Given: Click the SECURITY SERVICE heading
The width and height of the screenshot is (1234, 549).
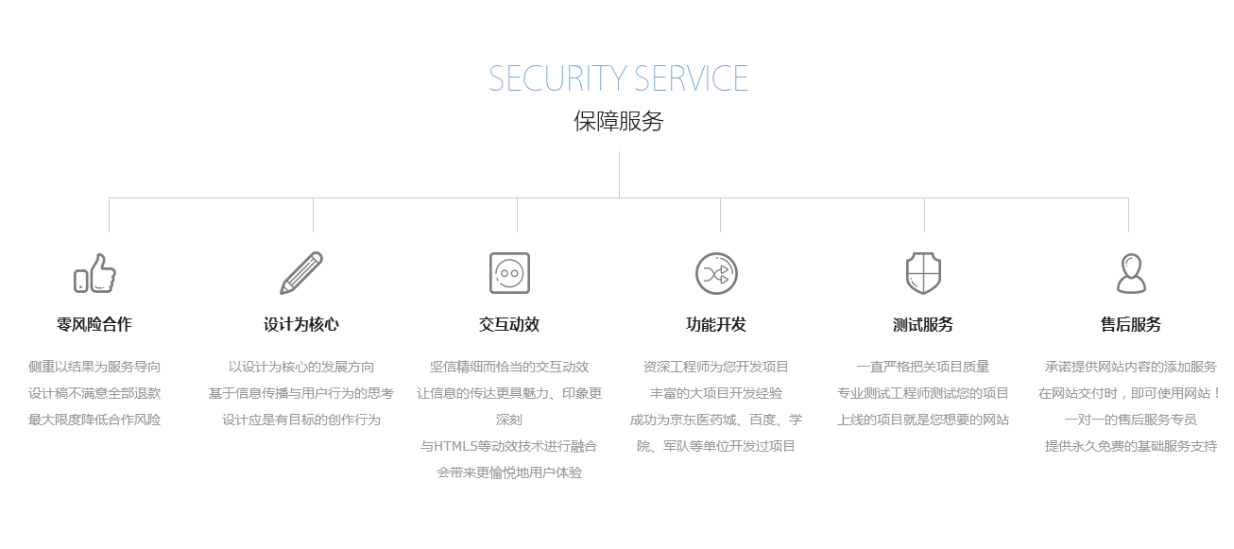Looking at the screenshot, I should coord(618,78).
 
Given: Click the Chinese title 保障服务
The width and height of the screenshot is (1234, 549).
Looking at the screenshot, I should coord(618,122).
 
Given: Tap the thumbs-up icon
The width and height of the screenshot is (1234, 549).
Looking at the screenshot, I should coord(94,273).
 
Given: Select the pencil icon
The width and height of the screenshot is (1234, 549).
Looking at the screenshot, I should coord(301,273).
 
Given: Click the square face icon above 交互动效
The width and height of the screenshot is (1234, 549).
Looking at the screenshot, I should coord(509,273).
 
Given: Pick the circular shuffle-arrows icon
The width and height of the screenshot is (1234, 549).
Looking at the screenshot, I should coord(716,273).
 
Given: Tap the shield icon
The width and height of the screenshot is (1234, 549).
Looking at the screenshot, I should coord(923,273).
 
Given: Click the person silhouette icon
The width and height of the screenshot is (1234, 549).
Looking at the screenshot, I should coord(1130,273).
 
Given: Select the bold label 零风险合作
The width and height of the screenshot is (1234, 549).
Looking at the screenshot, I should coord(94,325).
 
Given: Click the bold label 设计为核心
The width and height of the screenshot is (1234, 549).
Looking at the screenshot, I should coord(301,325).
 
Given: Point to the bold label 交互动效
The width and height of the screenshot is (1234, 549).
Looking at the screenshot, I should coord(509,325).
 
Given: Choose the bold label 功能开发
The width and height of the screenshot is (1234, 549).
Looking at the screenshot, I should coord(716,325).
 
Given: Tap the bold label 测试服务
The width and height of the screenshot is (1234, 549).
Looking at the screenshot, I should coord(923,325).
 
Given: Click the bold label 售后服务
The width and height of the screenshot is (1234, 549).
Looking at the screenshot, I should coord(1130,325).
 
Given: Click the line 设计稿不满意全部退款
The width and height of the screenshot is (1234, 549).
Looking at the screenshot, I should coord(94,393).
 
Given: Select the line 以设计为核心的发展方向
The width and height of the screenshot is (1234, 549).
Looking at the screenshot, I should coord(301,367).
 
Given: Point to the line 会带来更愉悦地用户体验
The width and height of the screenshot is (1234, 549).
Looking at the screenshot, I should coord(509,472).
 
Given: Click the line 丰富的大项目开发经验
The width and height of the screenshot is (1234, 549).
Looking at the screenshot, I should coord(716,393).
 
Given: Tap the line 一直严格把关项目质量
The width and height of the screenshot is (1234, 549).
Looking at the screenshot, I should coord(923,367).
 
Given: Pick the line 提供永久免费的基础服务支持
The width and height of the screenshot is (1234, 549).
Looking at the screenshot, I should coord(1130,446).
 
